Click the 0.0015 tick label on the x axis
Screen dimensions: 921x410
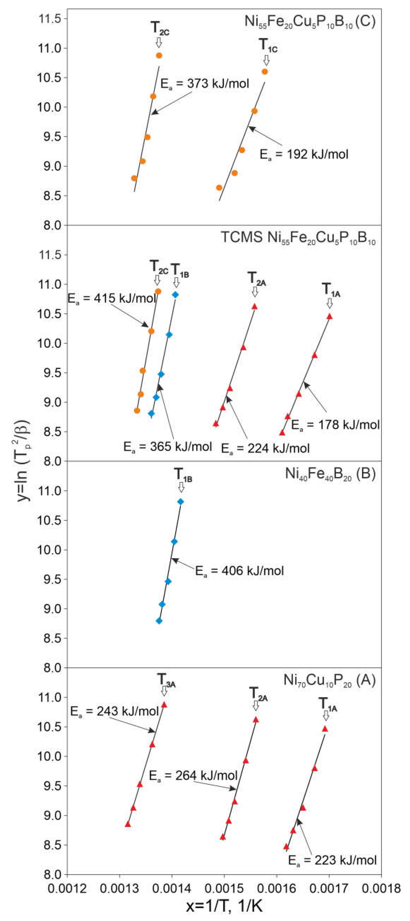coord(224,888)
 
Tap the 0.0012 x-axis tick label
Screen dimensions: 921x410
coord(67,888)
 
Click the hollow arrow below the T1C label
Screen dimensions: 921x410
coord(266,60)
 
